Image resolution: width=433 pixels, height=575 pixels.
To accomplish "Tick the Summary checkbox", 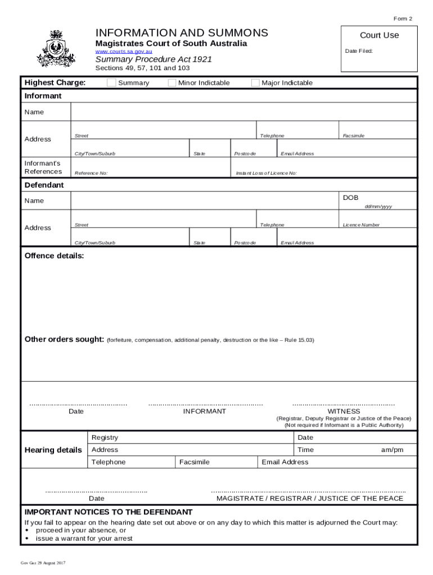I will pyautogui.click(x=111, y=83).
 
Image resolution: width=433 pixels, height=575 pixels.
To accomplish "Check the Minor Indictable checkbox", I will pyautogui.click(x=172, y=83).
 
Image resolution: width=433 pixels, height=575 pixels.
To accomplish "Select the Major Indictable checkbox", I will pyautogui.click(x=255, y=83).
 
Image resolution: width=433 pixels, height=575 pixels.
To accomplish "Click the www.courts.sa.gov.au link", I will pyautogui.click(x=123, y=52).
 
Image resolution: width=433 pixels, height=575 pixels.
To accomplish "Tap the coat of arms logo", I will pyautogui.click(x=55, y=48).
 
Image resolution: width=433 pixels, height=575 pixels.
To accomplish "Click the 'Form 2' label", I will pyautogui.click(x=403, y=19).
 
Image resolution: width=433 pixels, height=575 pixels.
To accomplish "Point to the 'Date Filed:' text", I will pyautogui.click(x=358, y=51).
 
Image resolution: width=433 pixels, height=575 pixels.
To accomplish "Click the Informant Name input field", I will pyautogui.click(x=243, y=112).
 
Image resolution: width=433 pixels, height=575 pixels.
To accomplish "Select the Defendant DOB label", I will pyautogui.click(x=350, y=198).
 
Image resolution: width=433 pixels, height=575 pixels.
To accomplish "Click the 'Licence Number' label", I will pyautogui.click(x=361, y=225).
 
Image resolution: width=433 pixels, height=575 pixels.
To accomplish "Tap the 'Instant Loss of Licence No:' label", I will pyautogui.click(x=266, y=174).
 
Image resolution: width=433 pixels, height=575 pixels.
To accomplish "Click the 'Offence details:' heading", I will pyautogui.click(x=54, y=256).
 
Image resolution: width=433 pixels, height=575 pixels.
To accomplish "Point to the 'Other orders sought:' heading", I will pyautogui.click(x=64, y=340).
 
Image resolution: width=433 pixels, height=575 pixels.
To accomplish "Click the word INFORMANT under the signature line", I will pyautogui.click(x=204, y=412).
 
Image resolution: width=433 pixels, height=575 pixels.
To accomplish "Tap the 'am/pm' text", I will pyautogui.click(x=392, y=450).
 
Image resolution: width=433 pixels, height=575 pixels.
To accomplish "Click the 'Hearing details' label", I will pyautogui.click(x=53, y=450).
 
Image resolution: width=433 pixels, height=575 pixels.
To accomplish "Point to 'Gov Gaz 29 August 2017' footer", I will pyautogui.click(x=43, y=563).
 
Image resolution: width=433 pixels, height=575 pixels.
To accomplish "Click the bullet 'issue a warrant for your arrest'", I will pyautogui.click(x=84, y=539).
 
